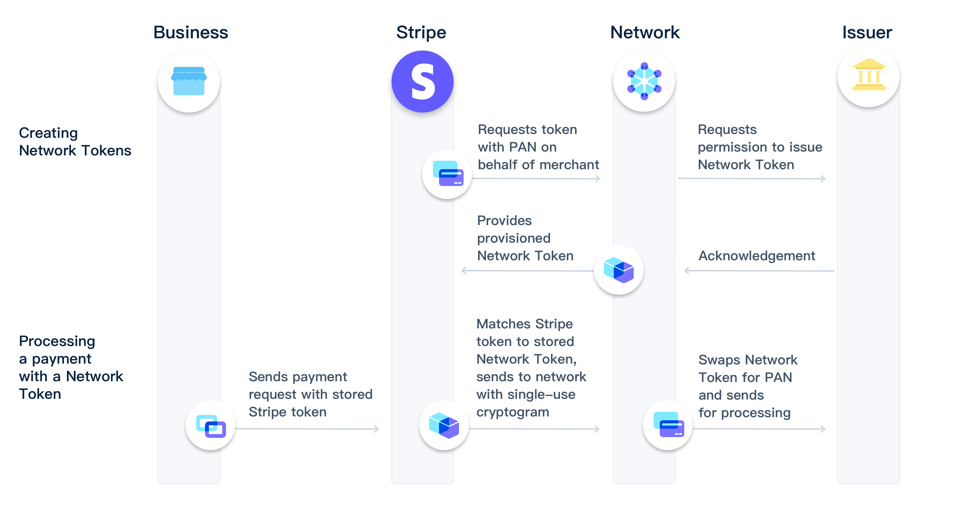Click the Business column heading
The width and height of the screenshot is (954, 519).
191,33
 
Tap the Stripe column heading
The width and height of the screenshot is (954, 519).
421,33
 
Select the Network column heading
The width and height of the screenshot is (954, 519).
645,33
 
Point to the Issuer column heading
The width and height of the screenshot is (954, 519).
867,33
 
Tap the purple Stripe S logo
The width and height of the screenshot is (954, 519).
422,81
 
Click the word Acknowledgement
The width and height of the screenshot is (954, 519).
757,256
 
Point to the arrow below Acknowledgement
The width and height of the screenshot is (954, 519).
759,271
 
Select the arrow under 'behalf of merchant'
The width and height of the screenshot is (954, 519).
536,179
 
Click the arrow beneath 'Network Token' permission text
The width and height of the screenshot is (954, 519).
752,179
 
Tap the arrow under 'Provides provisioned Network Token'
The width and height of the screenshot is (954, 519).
527,271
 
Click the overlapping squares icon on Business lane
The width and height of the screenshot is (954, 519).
211,426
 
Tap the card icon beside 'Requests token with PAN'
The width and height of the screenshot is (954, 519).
448,174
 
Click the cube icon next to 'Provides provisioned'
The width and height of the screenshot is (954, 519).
618,270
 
